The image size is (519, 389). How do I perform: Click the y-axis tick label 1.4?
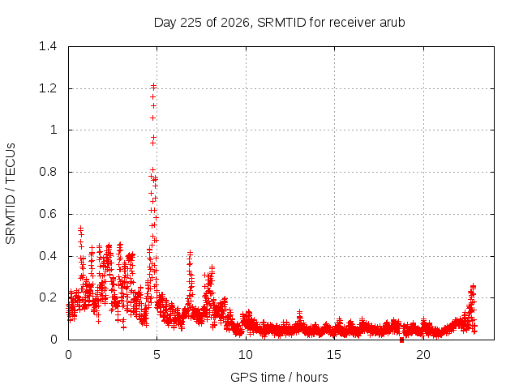(48, 46)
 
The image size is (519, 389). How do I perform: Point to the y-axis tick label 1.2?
(48, 88)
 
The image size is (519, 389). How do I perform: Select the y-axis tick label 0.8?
(48, 172)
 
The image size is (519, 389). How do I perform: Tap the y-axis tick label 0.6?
(48, 214)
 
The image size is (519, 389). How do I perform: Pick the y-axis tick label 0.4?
(48, 256)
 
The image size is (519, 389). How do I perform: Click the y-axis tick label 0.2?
(48, 297)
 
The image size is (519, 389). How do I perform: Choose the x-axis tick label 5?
(157, 355)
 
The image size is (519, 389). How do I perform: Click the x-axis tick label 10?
(246, 355)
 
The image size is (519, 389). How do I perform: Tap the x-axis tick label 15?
(334, 355)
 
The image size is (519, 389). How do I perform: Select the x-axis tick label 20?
(423, 355)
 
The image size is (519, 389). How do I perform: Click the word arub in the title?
(392, 23)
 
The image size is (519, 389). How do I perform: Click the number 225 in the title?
(191, 23)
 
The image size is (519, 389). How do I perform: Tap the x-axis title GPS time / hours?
(279, 378)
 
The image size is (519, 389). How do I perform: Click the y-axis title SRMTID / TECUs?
(11, 194)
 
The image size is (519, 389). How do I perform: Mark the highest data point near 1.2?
(153, 86)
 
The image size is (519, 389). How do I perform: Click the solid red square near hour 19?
(402, 340)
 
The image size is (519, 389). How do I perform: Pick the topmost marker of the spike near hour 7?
(190, 253)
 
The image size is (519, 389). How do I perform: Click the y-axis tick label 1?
(54, 130)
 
